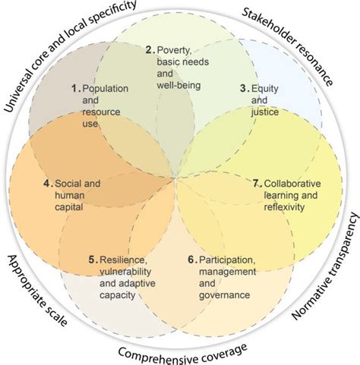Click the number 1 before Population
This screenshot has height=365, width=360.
(x=75, y=88)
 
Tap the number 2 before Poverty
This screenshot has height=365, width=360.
(x=150, y=50)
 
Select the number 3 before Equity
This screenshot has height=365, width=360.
(x=245, y=88)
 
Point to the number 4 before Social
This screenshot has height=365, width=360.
(x=46, y=183)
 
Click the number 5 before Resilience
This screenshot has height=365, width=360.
(x=92, y=260)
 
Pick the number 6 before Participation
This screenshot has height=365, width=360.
(x=191, y=260)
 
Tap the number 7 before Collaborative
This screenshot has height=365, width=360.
(x=256, y=183)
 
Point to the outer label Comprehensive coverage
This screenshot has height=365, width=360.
(x=182, y=351)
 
